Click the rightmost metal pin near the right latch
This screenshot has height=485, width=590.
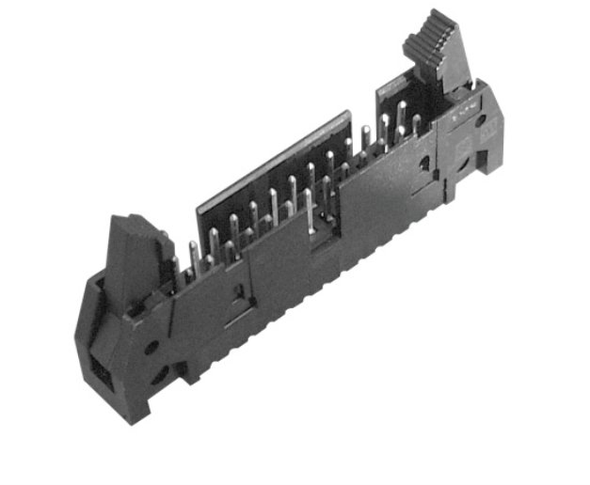point(415,126)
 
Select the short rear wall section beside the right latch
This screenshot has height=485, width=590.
point(395,94)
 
